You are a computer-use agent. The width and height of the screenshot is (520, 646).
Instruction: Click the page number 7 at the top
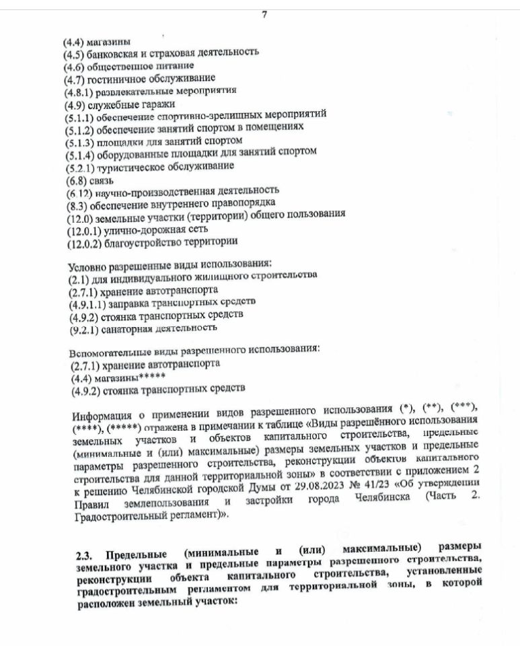pos(264,16)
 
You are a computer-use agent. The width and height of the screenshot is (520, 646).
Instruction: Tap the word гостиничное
pos(113,79)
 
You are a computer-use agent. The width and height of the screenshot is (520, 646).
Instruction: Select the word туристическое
pos(128,167)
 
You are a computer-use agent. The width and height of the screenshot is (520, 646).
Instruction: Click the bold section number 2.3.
pos(85,555)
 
